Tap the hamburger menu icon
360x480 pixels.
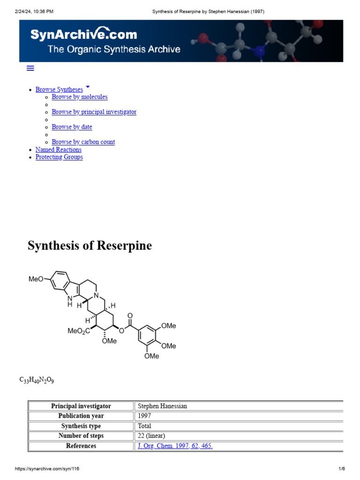coord(30,68)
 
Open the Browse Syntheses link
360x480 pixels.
coord(59,90)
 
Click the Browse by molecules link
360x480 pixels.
coord(80,97)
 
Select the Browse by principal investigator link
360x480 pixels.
coord(94,112)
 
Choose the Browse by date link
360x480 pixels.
coord(72,127)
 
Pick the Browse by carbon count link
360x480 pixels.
coord(83,142)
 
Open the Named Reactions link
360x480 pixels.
coord(59,150)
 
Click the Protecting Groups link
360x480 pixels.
coord(59,157)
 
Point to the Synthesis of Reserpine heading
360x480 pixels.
coord(90,246)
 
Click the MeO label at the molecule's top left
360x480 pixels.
coord(36,279)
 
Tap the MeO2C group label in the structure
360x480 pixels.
coord(79,331)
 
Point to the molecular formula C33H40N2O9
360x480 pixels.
coord(37,380)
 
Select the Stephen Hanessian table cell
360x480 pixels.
coord(163,406)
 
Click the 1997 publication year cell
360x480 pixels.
coord(144,416)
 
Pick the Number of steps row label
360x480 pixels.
coord(81,436)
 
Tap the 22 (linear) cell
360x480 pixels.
coord(151,436)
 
